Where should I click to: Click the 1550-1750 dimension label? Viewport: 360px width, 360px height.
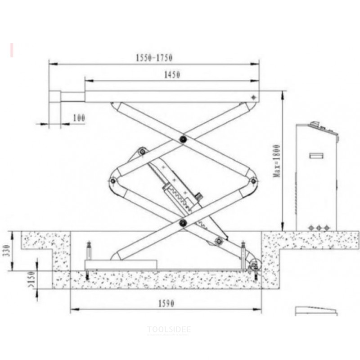click(154, 58)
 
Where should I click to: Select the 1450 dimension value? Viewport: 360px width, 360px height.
click(172, 75)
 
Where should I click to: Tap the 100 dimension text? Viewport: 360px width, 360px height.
click(79, 118)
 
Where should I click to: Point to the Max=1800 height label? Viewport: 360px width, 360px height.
click(277, 161)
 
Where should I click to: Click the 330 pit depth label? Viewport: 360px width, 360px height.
click(7, 251)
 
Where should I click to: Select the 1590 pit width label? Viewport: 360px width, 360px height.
click(166, 303)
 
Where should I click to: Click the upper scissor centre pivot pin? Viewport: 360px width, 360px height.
click(183, 139)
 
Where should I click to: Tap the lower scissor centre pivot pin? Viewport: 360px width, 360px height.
click(183, 222)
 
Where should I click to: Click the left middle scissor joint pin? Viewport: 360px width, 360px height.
click(113, 181)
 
